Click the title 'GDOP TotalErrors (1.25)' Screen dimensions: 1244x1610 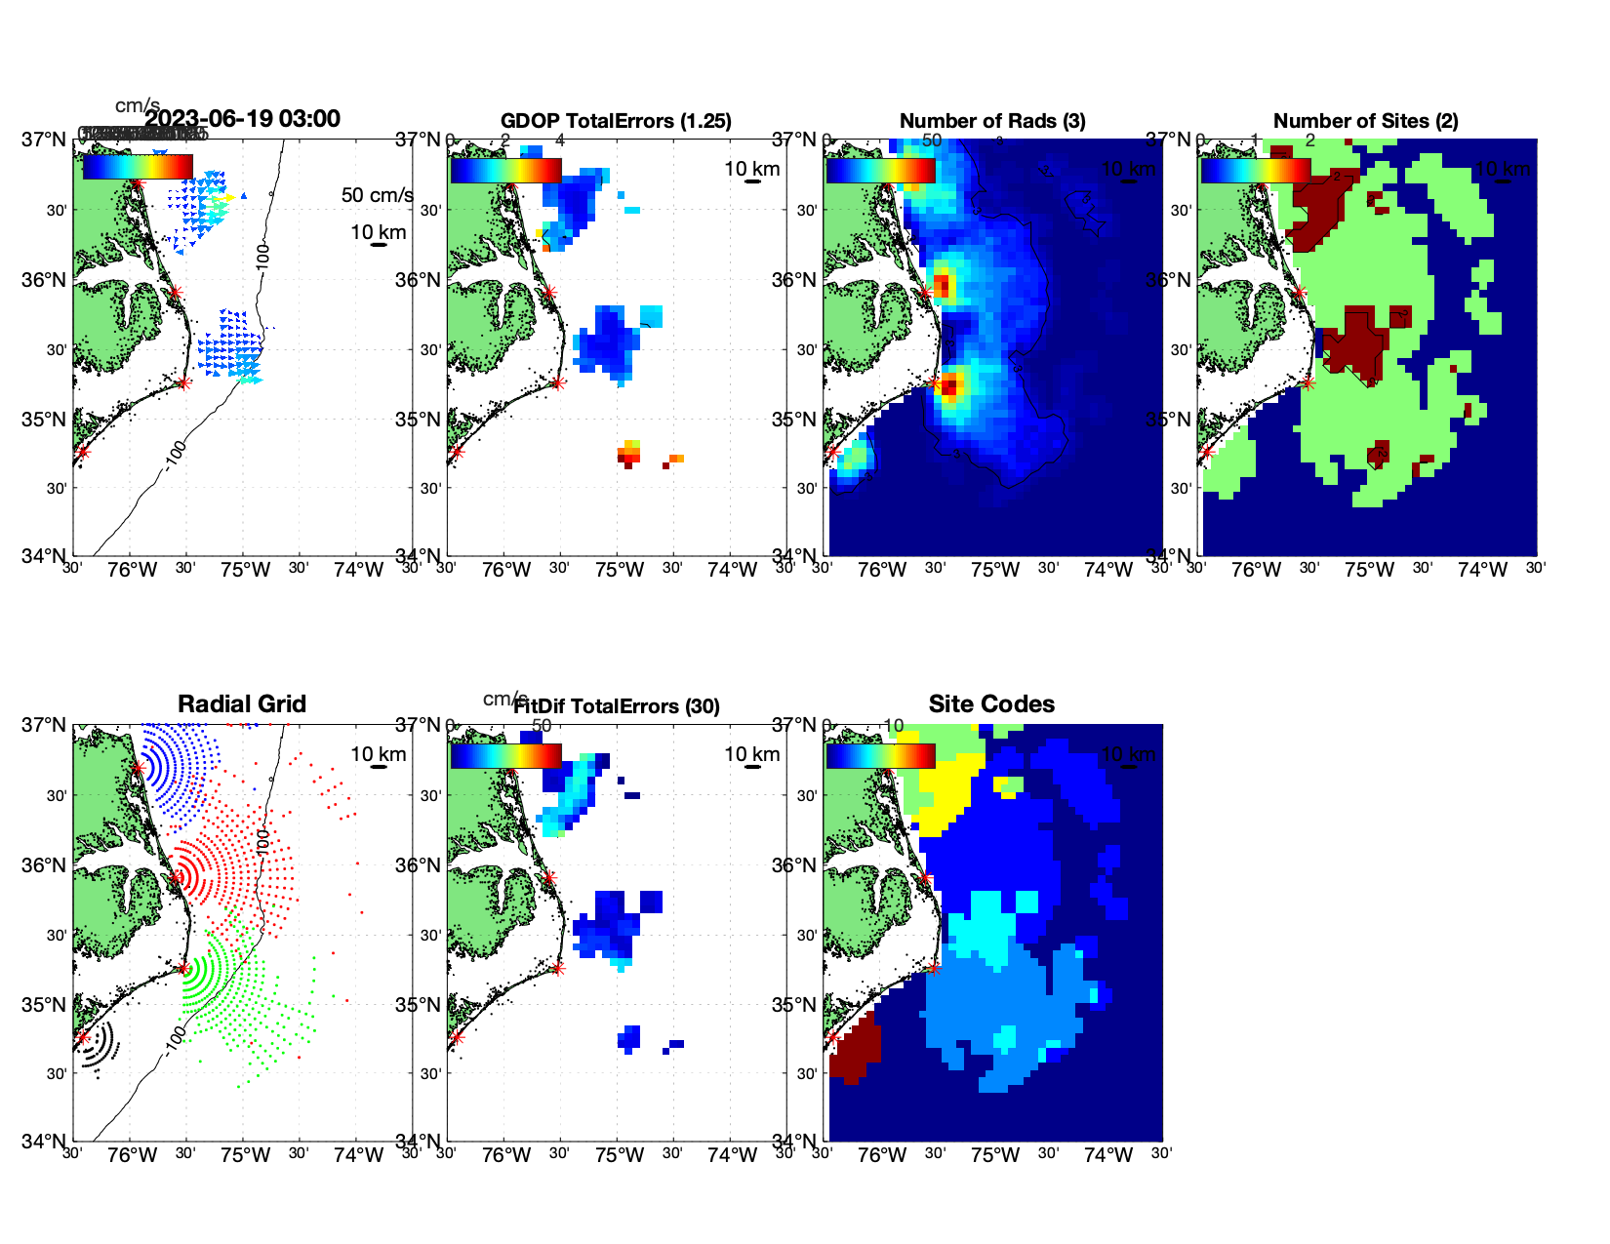pos(616,121)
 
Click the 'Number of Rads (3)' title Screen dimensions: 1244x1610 pos(991,121)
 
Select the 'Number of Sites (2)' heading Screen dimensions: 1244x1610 pos(1365,121)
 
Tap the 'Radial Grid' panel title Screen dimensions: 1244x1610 pos(242,704)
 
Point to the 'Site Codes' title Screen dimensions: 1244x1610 pos(991,704)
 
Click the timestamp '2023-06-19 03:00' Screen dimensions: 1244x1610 pos(243,119)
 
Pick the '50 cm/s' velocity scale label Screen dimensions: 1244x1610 pos(377,195)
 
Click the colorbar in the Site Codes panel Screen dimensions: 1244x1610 pos(880,756)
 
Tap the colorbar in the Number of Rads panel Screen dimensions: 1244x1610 pos(880,170)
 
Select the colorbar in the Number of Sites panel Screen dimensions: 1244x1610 pos(1255,170)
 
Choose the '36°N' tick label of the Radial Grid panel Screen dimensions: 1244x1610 pos(45,865)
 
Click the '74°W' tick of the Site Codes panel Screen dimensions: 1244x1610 pos(1108,1155)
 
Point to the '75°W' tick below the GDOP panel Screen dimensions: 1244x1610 pos(620,570)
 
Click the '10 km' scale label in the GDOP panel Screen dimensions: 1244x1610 pos(751,169)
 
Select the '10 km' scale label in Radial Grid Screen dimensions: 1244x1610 pos(378,754)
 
